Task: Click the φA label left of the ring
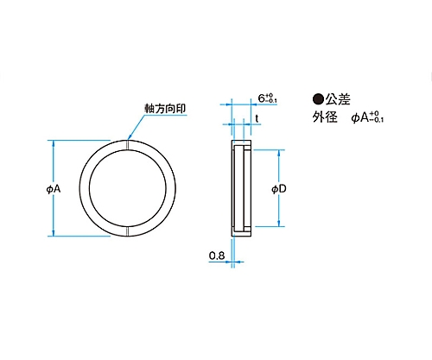click(x=54, y=189)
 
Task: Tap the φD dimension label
click(x=279, y=189)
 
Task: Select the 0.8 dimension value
click(x=217, y=256)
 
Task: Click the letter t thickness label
click(x=257, y=118)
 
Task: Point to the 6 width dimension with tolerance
click(x=268, y=98)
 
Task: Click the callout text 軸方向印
click(x=165, y=109)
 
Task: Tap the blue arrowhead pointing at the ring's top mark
click(x=130, y=136)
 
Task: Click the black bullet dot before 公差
click(x=318, y=99)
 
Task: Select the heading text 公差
click(x=338, y=99)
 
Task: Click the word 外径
click(x=325, y=117)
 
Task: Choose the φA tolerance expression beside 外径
click(x=367, y=117)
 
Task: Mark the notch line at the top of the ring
click(x=127, y=145)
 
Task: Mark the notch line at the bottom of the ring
click(x=127, y=231)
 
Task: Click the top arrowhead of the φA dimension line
click(x=53, y=143)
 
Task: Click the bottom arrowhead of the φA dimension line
click(x=53, y=233)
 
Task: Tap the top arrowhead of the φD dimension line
click(x=279, y=153)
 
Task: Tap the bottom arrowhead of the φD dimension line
click(x=279, y=223)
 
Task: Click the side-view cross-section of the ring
click(x=242, y=188)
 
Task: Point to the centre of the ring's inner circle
click(x=128, y=188)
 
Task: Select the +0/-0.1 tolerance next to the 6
click(x=271, y=98)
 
